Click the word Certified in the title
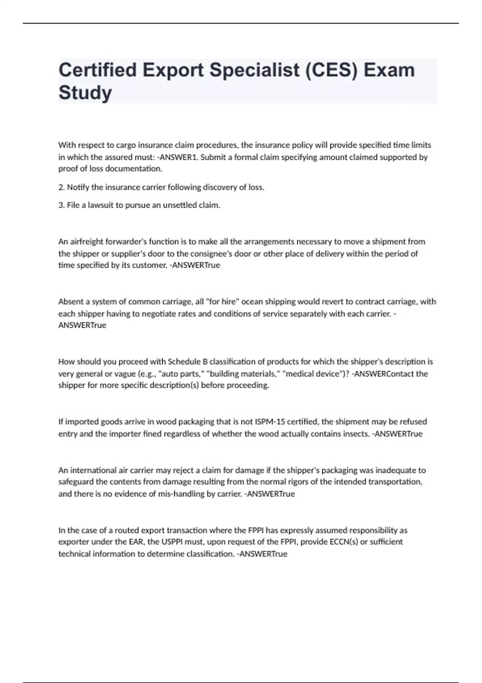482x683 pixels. pyautogui.click(x=98, y=70)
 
